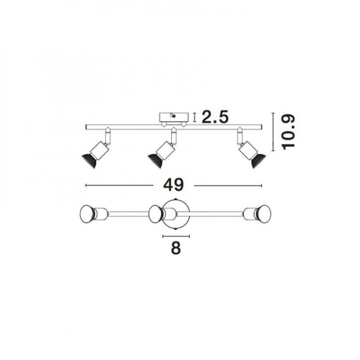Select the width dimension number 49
point(173,184)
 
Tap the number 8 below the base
point(176,248)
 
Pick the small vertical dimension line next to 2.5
point(194,117)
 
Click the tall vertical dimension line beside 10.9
point(274,132)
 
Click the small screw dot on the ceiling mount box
point(174,116)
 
